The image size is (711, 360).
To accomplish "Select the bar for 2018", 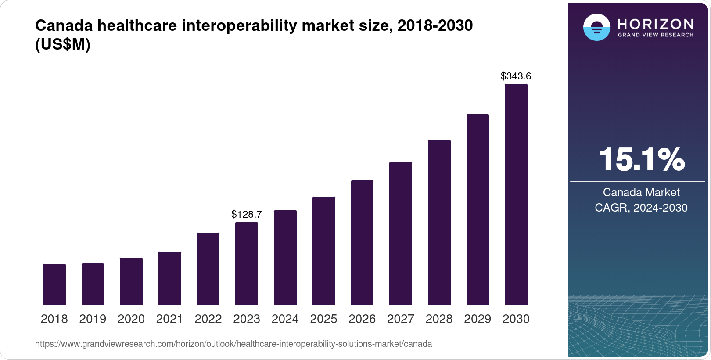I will [54, 284].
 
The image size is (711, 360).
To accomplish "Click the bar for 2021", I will [170, 278].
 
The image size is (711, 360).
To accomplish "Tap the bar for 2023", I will [247, 263].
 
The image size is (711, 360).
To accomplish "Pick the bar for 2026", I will [362, 242].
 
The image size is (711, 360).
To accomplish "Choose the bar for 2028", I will [439, 222].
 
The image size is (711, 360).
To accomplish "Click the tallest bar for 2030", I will [516, 194].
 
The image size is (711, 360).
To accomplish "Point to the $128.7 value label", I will [247, 214].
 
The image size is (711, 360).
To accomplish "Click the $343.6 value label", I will [516, 76].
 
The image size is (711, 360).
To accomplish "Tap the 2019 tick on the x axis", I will [93, 319].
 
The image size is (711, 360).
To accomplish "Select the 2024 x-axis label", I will [285, 319].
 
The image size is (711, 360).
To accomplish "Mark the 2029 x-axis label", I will [478, 319].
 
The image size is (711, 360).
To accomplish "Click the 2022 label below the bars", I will [208, 319].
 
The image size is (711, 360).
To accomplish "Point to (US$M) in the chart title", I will [63, 45].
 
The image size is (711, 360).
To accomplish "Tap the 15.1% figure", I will [641, 159].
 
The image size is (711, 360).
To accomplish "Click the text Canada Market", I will [641, 192].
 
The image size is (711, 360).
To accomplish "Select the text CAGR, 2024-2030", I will [641, 208].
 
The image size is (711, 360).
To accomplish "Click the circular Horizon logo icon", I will [596, 27].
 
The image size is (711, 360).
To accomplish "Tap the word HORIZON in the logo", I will [655, 24].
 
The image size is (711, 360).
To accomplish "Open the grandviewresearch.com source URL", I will [233, 344].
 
